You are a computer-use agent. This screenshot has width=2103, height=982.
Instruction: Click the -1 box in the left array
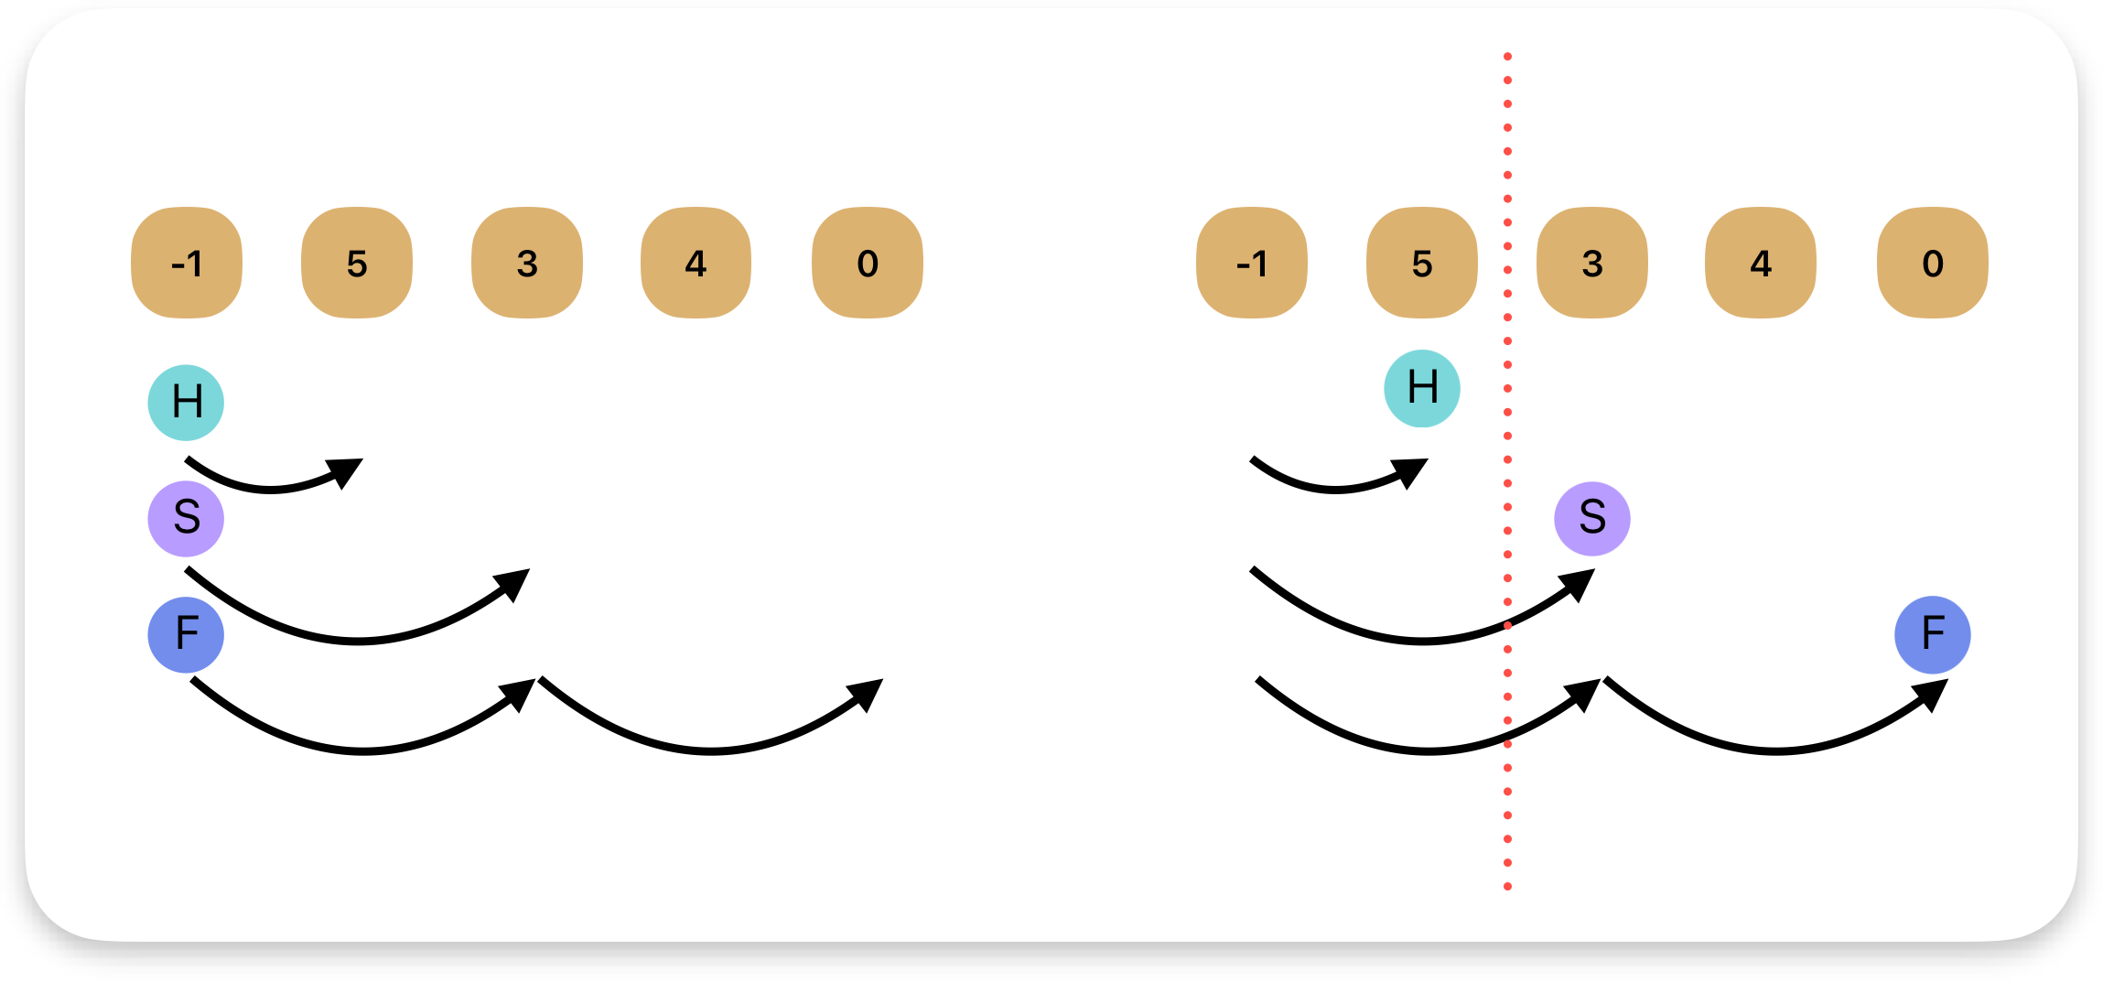point(187,263)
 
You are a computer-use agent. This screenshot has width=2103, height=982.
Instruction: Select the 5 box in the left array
point(357,263)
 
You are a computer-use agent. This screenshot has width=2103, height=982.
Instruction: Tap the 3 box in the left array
point(527,263)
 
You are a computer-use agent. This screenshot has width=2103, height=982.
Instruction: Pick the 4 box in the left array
point(696,263)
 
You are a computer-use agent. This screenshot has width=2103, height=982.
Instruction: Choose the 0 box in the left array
point(868,263)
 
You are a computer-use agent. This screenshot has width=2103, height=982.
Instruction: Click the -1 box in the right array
point(1252,263)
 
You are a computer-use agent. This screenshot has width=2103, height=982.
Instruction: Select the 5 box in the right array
point(1422,263)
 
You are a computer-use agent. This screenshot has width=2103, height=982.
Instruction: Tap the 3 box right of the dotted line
point(1592,263)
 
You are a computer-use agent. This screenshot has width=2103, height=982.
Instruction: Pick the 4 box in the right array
point(1761,263)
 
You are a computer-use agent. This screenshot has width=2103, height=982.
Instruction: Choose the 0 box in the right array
point(1933,263)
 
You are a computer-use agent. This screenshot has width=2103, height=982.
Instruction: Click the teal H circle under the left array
point(187,403)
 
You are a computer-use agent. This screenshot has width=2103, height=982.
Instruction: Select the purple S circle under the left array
point(187,519)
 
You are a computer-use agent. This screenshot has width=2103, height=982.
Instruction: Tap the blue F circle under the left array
point(187,634)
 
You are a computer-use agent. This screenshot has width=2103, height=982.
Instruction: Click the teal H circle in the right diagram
point(1422,388)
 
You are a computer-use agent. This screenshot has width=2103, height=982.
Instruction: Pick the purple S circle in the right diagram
point(1592,519)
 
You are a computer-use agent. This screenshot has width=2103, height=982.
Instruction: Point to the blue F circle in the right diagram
point(1933,634)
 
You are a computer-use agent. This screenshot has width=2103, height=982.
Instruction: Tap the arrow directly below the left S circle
point(357,640)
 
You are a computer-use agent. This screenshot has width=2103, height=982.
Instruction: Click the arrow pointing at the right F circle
point(1775,750)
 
